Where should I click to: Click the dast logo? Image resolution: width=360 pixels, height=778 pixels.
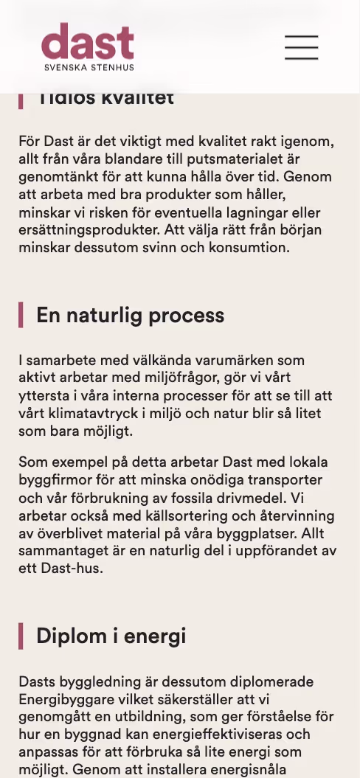[88, 41]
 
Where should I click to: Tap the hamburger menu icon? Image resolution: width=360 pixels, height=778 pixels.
[301, 47]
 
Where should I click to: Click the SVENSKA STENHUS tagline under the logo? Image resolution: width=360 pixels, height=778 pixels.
[89, 67]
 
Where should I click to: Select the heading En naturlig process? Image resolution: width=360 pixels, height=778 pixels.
[130, 316]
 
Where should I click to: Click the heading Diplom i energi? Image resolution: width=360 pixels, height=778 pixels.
[111, 636]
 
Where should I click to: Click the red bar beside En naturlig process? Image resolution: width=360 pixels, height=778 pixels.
[21, 316]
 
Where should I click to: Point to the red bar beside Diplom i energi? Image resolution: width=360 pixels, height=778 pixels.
[21, 636]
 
